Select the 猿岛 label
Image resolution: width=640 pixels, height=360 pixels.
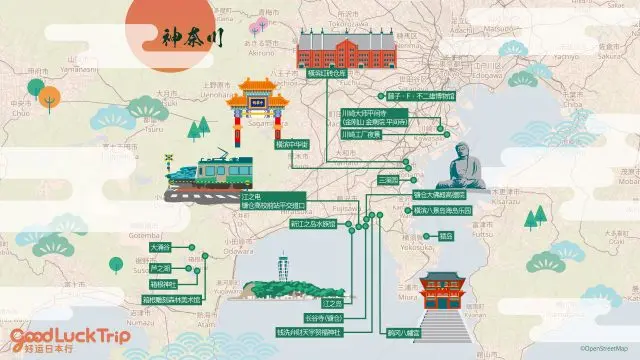click(446, 236)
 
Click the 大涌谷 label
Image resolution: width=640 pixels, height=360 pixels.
click(159, 246)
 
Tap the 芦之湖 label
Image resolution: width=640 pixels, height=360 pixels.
click(159, 268)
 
